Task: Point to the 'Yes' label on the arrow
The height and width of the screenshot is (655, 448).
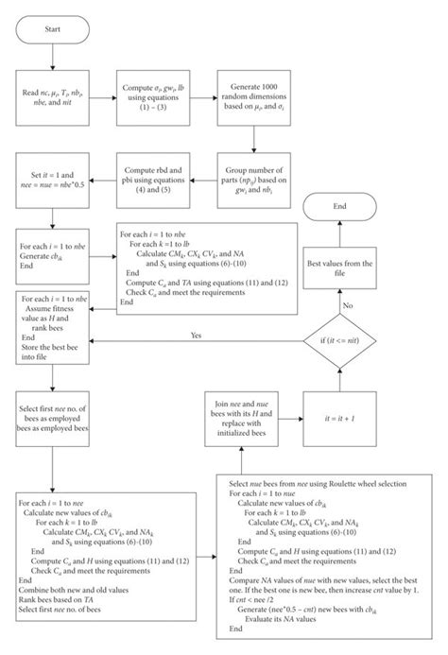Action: click(196, 336)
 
